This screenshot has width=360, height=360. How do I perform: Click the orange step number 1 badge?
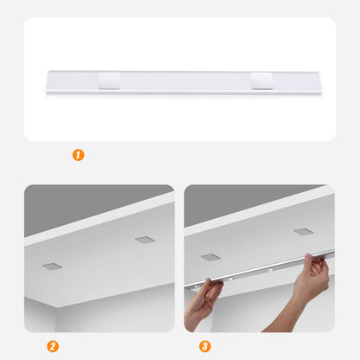(78, 156)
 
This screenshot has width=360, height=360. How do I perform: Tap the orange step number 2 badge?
(52, 345)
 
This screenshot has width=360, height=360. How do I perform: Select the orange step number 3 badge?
(204, 345)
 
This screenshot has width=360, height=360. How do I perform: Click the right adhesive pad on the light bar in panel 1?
(260, 81)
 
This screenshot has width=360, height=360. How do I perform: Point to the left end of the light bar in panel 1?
(48, 83)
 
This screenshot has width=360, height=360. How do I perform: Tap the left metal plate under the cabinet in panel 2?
(52, 266)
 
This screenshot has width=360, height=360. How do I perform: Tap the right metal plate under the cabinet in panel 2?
(144, 240)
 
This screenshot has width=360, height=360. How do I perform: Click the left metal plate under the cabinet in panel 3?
(210, 257)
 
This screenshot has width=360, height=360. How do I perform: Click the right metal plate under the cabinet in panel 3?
(303, 232)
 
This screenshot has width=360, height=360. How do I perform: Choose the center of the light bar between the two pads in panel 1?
(185, 83)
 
